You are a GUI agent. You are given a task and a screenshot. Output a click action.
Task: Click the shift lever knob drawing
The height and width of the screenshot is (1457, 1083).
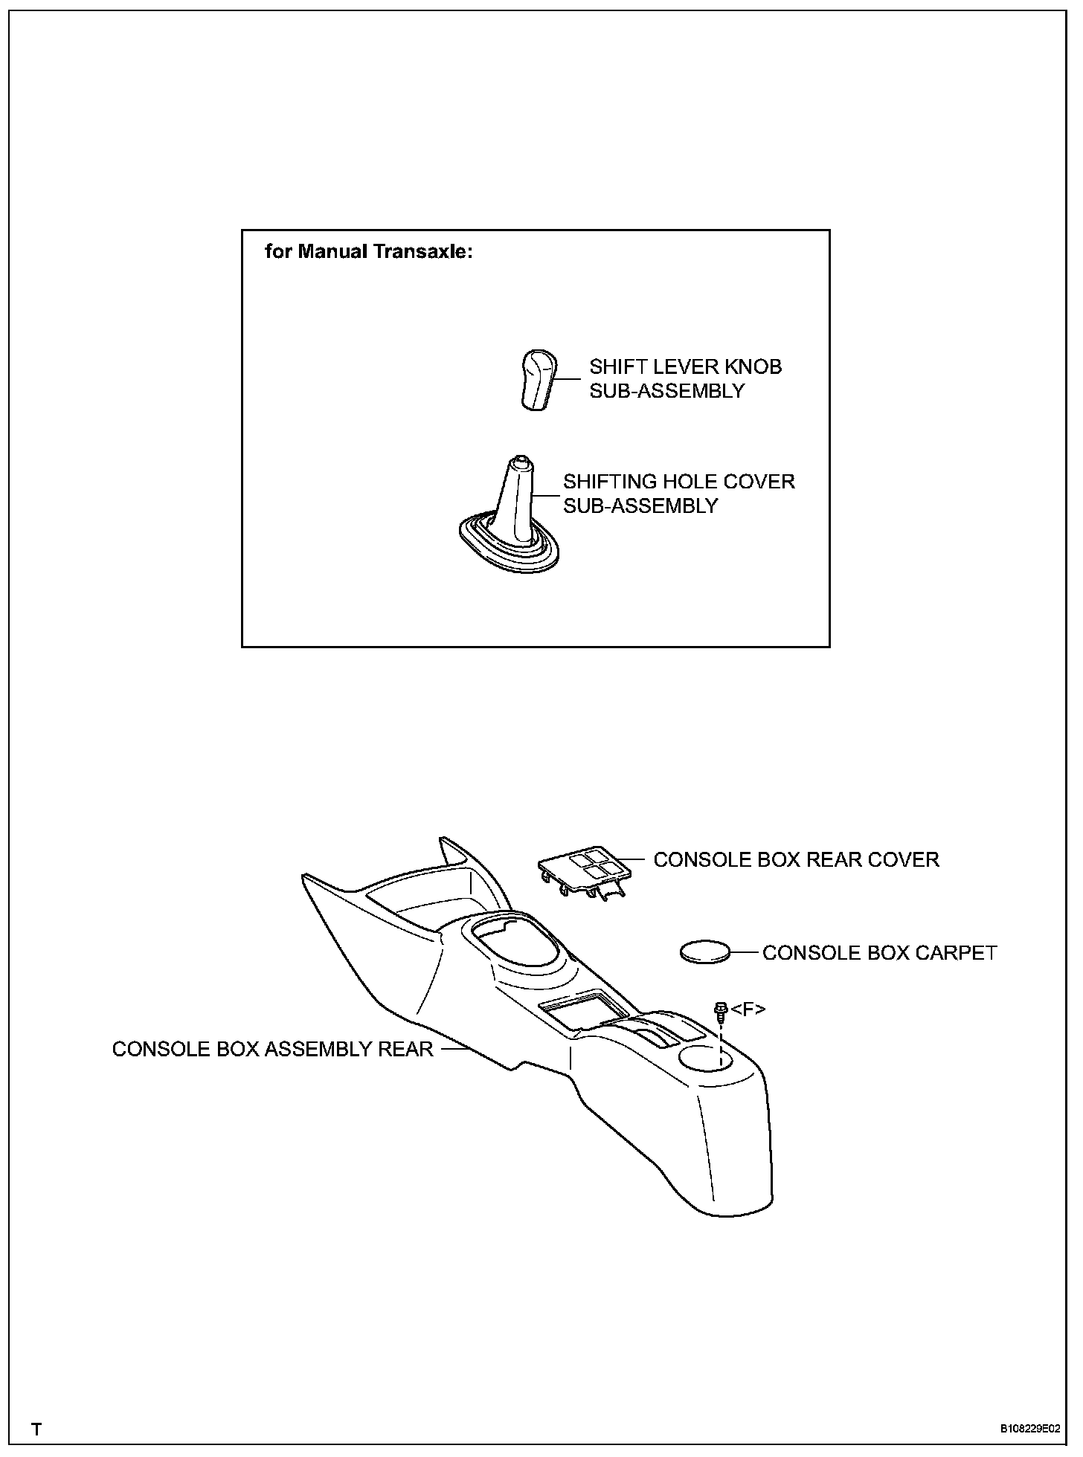[536, 380]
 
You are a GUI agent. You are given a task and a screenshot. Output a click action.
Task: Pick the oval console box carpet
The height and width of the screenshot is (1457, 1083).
[705, 952]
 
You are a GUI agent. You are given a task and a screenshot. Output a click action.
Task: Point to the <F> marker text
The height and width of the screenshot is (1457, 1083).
[748, 1009]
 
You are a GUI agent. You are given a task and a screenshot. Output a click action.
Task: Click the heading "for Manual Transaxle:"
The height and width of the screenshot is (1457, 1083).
[369, 252]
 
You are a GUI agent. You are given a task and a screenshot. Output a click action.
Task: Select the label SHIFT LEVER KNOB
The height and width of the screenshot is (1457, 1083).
[685, 366]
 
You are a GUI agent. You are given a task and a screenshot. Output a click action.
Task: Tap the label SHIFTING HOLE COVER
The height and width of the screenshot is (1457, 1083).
[678, 482]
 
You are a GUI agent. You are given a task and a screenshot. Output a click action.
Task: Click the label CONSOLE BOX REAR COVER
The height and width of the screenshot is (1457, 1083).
[796, 860]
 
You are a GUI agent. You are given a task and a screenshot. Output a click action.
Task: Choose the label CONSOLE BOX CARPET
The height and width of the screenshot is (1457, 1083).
[879, 953]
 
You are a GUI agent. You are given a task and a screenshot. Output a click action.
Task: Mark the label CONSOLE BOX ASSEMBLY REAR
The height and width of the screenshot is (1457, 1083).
[272, 1049]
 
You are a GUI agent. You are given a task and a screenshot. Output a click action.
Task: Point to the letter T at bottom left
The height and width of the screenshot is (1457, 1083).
[36, 1429]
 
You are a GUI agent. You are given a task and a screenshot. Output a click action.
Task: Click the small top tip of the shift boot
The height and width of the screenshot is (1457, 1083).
[520, 462]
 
